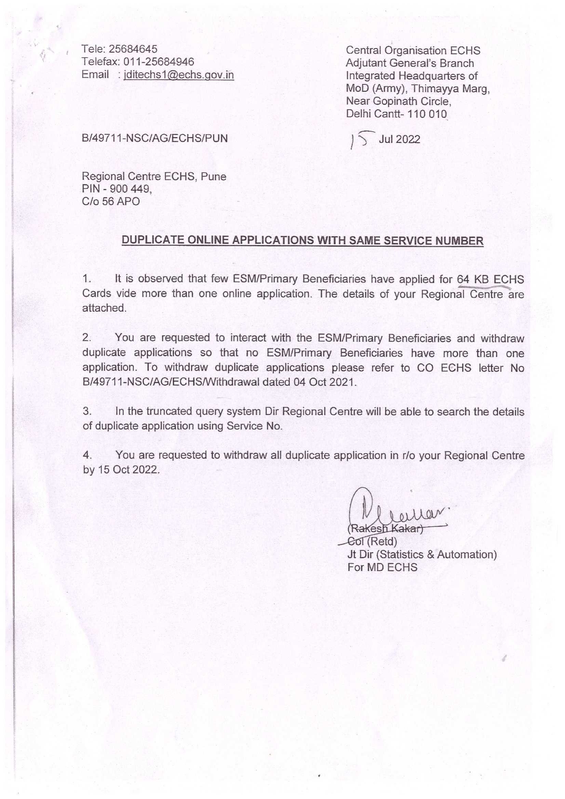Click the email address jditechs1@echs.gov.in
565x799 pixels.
(178, 75)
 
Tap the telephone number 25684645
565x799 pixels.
(133, 49)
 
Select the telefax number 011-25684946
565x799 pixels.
(159, 61)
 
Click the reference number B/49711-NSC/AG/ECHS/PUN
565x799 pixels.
(154, 138)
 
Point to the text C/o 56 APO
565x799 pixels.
(111, 202)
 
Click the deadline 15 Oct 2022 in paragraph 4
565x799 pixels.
(128, 470)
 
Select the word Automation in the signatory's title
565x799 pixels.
(467, 554)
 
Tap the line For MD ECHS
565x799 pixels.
(382, 567)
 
